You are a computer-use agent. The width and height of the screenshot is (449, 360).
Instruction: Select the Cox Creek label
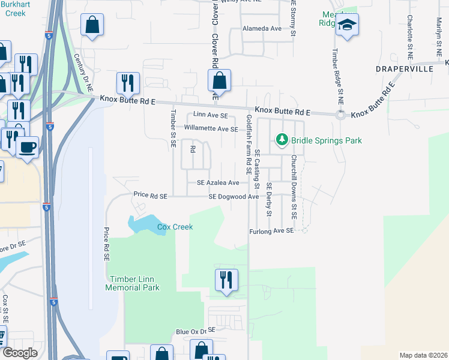pos(175,227)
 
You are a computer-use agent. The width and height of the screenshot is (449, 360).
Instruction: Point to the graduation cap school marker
pos(347,25)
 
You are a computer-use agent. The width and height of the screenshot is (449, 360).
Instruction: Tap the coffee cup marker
pos(27,148)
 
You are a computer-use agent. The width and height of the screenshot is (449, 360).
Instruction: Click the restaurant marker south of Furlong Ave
pos(226,280)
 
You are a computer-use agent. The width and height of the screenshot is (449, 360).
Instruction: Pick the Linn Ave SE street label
pos(210,115)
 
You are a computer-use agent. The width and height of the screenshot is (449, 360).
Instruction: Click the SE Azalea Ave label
pos(218,183)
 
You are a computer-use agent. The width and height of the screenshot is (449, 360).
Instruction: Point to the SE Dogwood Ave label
pos(234,197)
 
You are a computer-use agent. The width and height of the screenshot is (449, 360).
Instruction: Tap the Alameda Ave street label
pos(262,28)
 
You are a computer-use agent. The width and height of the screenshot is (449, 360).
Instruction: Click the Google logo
pos(20,353)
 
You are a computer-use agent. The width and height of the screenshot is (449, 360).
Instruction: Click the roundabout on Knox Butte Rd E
pos(341,114)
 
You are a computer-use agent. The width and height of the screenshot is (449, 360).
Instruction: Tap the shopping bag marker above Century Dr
pos(92,24)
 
